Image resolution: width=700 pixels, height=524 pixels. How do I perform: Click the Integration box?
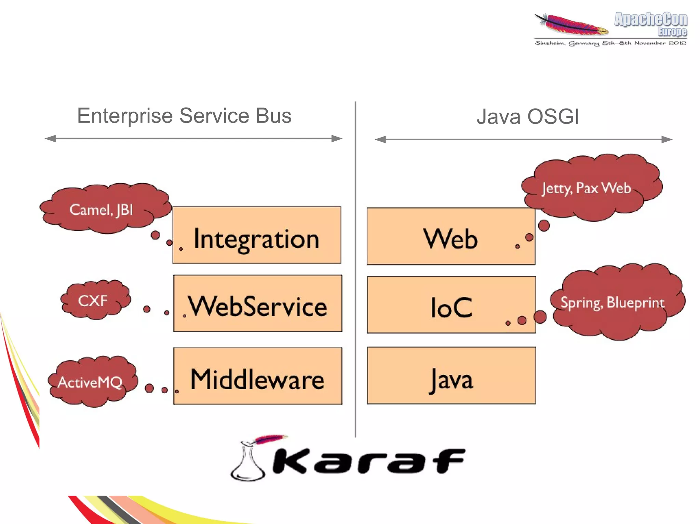click(257, 235)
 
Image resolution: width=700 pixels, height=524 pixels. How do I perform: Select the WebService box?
click(257, 303)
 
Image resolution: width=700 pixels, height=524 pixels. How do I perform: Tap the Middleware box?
click(257, 376)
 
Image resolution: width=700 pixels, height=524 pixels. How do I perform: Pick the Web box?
click(451, 236)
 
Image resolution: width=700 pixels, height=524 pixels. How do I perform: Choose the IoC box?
click(452, 305)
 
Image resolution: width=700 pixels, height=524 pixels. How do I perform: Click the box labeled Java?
click(452, 376)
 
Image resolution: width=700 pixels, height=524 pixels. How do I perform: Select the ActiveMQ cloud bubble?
click(91, 382)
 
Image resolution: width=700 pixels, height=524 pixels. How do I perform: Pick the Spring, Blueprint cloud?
click(615, 302)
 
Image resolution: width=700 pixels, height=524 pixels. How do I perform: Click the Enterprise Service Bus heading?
click(184, 115)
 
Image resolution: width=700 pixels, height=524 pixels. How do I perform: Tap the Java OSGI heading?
click(528, 117)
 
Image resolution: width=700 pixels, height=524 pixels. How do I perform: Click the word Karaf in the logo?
click(369, 461)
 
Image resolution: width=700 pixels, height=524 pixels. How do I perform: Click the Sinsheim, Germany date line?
click(610, 43)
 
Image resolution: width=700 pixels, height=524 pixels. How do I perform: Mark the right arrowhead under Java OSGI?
click(667, 139)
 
